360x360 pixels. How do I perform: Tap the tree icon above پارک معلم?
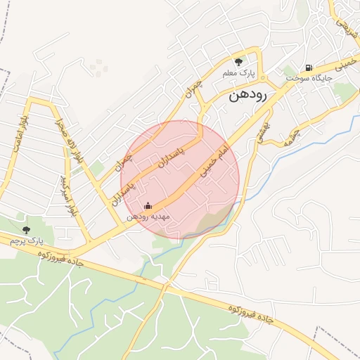pos(238,62)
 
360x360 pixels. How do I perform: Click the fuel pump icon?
pos(308,67)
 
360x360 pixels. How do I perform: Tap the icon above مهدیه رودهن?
pos(148,207)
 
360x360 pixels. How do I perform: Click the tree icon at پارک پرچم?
pos(27,229)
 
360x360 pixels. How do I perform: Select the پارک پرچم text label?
pos(26,240)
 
